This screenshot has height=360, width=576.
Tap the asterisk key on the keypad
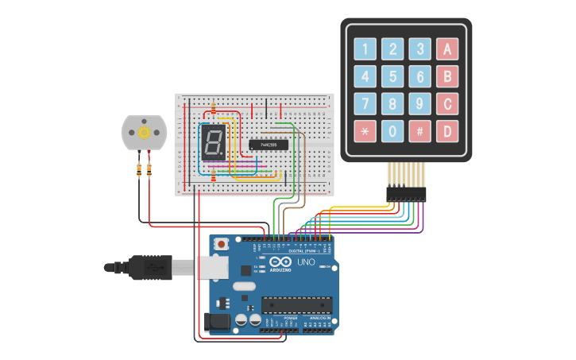pos(365,131)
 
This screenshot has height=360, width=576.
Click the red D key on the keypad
pos(447,131)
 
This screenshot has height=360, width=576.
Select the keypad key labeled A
pos(447,49)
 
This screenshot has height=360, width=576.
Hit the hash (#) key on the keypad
pos(419,131)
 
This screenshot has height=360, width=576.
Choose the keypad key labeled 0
pos(392,131)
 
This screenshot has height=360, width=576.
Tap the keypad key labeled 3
pos(419,49)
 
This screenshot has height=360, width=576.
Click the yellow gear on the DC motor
pos(144,132)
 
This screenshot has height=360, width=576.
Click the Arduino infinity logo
pos(280,263)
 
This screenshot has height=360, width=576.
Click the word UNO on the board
pos(306,262)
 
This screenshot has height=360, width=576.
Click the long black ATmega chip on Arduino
pos(297,304)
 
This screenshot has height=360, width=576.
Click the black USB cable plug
pos(151,268)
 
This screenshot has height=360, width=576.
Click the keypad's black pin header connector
pos(406,192)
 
